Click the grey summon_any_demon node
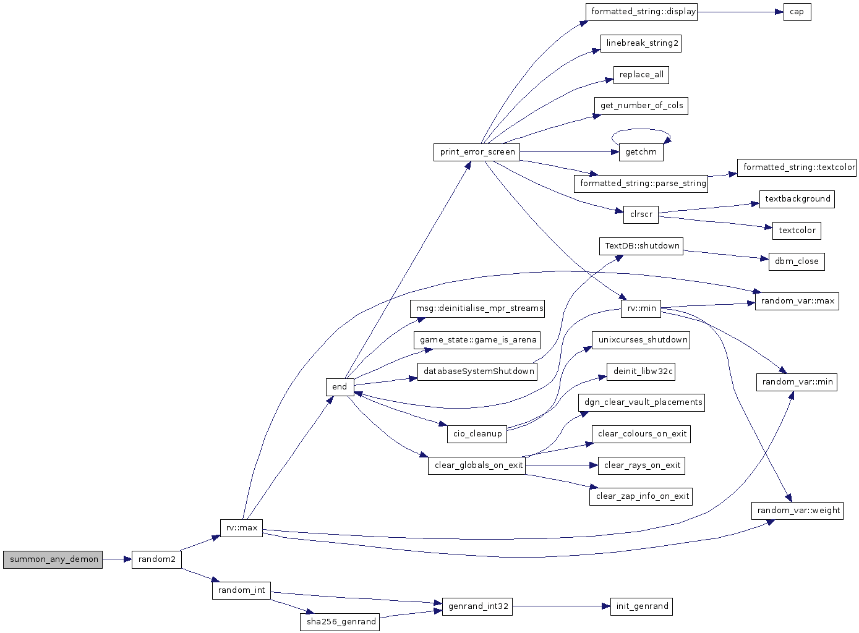coord(53,560)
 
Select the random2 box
coord(156,560)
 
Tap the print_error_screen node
coord(477,152)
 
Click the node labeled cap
coord(797,12)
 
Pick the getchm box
coord(641,152)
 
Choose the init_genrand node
coord(641,606)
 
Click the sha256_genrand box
coord(340,622)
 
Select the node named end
coord(340,387)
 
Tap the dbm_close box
coord(797,261)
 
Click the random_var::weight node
coord(797,511)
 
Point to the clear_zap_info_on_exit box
coord(641,496)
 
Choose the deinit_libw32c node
coord(641,372)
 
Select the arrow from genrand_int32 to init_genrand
coord(562,606)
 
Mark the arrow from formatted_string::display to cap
coord(740,12)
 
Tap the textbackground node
coord(797,200)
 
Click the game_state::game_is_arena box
coord(477,340)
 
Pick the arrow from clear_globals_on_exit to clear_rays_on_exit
coord(562,465)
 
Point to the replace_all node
coord(641,75)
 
